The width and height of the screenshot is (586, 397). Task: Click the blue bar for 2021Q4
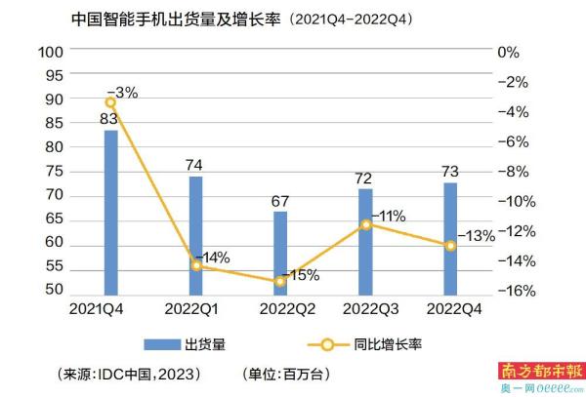click(x=110, y=212)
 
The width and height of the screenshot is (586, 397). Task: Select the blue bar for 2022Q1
click(x=195, y=234)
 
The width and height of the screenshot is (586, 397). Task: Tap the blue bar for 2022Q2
click(x=280, y=252)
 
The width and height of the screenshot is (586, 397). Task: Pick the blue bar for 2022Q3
click(x=365, y=240)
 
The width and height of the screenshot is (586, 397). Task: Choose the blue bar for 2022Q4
click(x=450, y=237)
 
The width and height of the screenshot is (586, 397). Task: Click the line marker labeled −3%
click(x=110, y=101)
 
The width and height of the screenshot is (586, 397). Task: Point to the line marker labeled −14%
click(x=195, y=265)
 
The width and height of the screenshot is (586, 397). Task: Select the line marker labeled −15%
click(x=280, y=281)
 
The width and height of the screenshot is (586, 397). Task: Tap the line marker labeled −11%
click(x=365, y=224)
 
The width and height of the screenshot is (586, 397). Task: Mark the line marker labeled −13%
click(x=450, y=246)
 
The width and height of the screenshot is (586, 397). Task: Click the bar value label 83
click(x=110, y=120)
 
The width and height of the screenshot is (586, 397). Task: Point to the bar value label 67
click(x=280, y=201)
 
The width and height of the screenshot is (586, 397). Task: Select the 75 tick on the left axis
click(x=55, y=171)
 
